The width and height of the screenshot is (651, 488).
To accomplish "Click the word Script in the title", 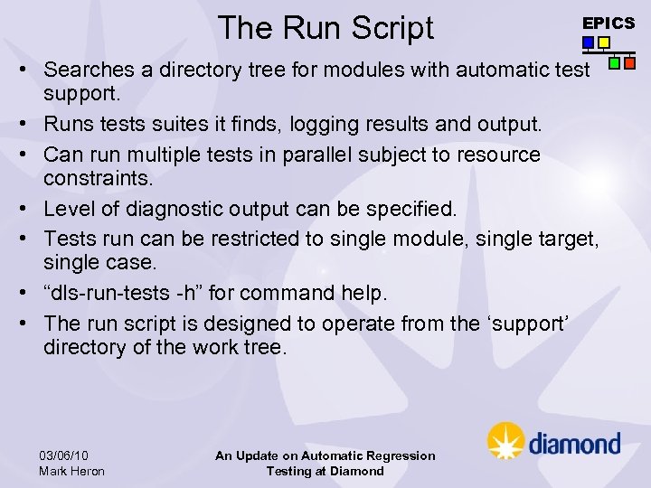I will [392, 28].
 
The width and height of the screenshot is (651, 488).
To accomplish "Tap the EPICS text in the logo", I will [608, 23].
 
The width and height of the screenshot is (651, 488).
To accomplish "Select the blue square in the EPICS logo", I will [589, 42].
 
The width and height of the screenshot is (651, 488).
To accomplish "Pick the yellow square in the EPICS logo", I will [604, 42].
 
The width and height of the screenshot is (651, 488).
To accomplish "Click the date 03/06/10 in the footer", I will [64, 455].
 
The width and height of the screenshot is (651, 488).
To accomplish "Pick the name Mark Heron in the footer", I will [71, 471].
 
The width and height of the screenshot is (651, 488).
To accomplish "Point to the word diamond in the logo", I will [574, 444].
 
